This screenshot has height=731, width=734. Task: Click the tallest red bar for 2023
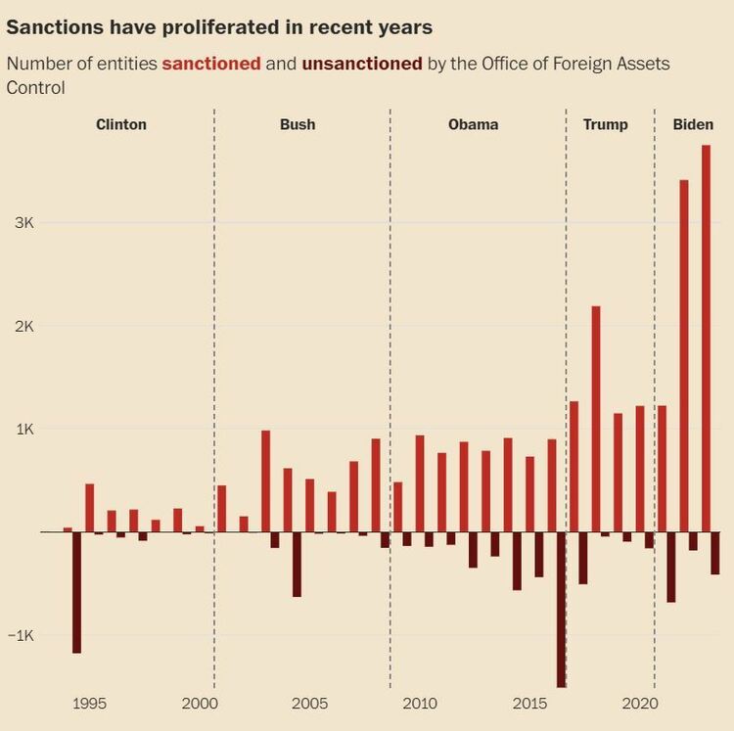706,338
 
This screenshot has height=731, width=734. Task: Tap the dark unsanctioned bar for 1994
77,592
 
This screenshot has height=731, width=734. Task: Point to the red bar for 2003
265,480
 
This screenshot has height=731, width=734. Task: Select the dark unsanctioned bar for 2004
297,564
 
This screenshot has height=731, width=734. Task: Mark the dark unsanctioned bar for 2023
715,553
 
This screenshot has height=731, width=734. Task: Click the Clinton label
121,124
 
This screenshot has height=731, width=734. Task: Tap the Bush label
298,124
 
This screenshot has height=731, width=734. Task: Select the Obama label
473,124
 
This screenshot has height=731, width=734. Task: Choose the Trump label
605,124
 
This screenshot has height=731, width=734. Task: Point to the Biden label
693,124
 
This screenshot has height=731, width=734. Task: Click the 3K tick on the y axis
23,223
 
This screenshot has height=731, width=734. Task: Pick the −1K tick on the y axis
22,635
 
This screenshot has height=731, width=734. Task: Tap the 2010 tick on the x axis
419,704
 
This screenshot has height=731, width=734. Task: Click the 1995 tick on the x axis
89,704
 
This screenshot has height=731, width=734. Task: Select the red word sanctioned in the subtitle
211,64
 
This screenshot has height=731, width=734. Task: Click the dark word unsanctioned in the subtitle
362,64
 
